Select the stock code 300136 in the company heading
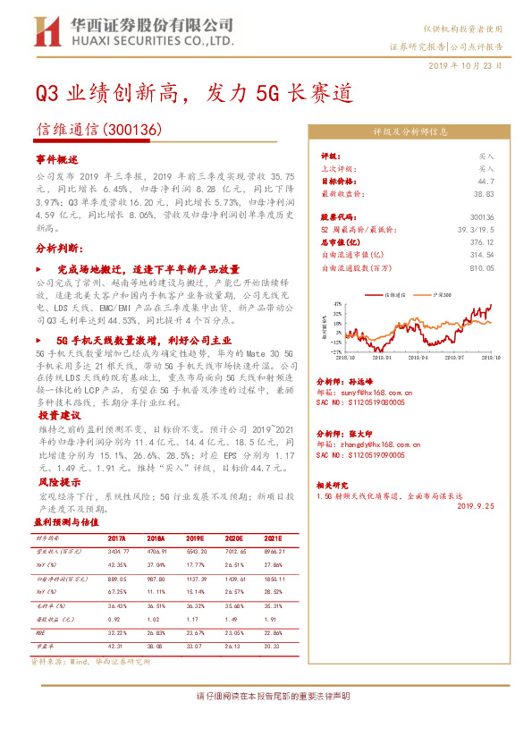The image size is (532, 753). pos(133,129)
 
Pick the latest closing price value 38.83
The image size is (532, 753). pos(485,192)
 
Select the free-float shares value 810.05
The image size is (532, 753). pos(484,267)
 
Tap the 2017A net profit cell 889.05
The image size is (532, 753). pos(117,580)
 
